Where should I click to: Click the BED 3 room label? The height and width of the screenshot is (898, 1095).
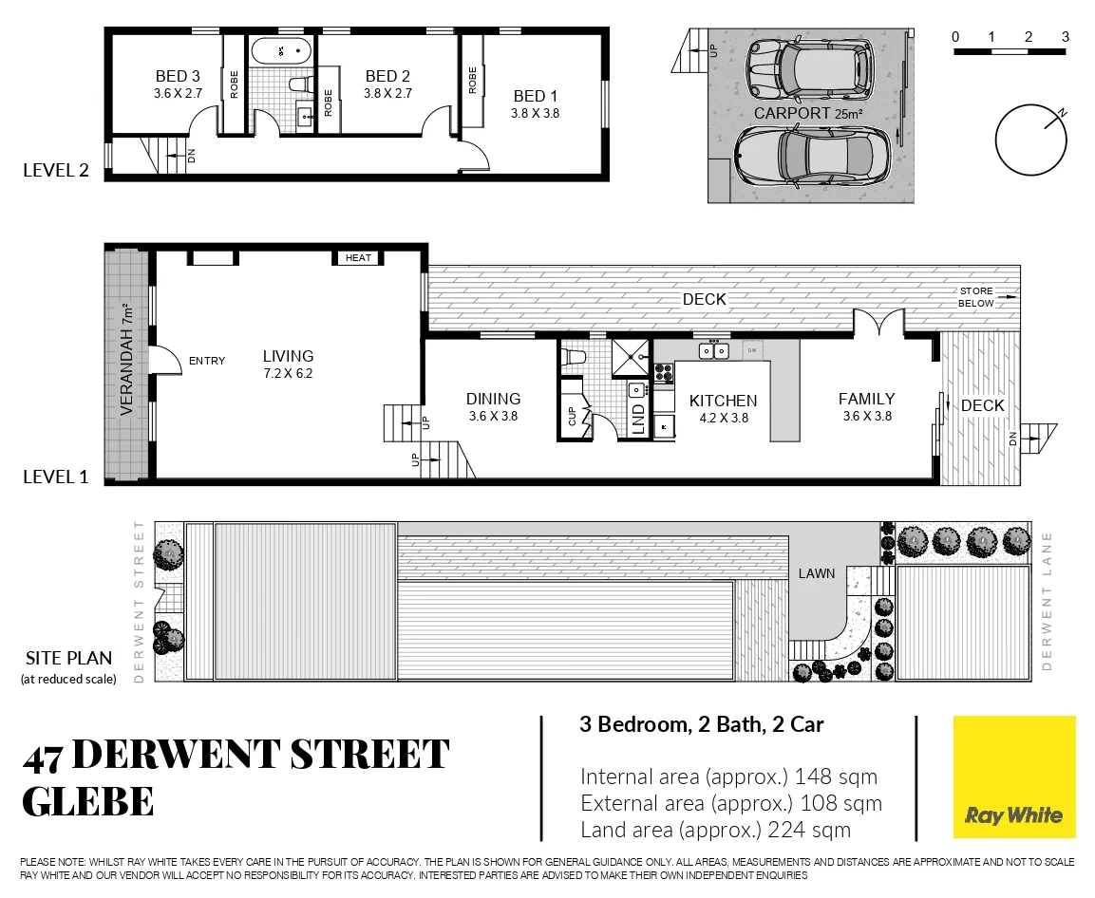pos(178,77)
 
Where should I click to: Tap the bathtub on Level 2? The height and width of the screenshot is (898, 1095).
pos(282,50)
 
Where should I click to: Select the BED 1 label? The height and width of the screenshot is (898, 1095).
pos(529,96)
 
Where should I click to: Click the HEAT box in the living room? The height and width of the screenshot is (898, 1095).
pos(358,258)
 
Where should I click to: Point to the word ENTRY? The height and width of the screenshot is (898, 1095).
pos(207,361)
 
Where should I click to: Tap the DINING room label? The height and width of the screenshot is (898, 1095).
pos(493,400)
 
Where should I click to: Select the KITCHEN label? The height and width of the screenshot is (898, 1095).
pos(723,402)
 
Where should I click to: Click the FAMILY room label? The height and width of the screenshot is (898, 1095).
pos(866,400)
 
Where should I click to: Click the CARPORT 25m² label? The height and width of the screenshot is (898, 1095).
pos(808,114)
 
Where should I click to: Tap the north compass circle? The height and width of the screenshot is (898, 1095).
pos(1031,139)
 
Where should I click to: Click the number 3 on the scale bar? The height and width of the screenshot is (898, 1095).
pos(1066,36)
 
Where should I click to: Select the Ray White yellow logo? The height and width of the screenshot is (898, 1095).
pos(1014,776)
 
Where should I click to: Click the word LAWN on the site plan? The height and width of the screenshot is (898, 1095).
pos(816,573)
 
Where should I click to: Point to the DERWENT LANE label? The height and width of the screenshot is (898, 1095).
pos(1048,602)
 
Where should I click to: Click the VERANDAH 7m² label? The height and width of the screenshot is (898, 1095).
pos(125,361)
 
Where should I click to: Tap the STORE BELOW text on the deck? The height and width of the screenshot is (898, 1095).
pos(975,297)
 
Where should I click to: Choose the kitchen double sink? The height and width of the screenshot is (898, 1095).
pos(713,352)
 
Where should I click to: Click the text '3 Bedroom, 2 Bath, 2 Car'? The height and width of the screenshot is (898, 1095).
pos(701,725)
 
